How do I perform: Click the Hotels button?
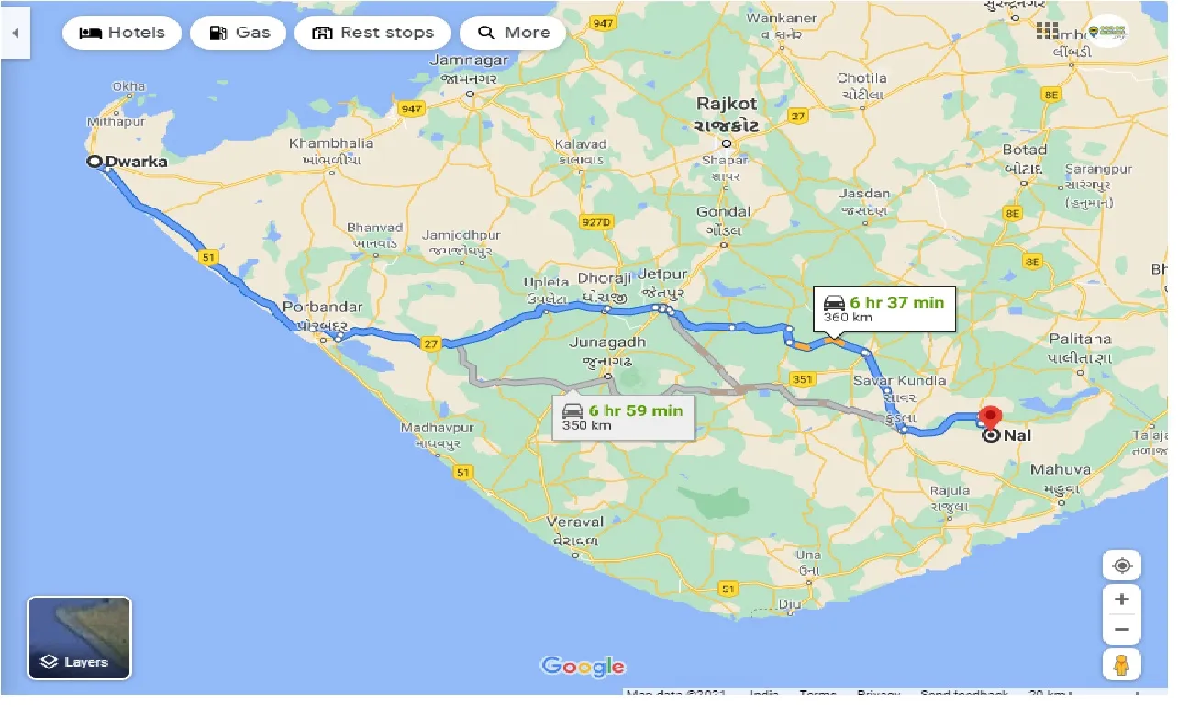click(x=122, y=33)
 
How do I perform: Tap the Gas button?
click(x=239, y=33)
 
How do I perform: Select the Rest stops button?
click(x=372, y=33)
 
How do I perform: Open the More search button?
click(x=513, y=33)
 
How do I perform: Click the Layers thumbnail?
click(x=80, y=637)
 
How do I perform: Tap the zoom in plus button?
click(x=1121, y=600)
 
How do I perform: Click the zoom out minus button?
click(x=1121, y=630)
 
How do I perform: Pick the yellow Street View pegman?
click(x=1121, y=665)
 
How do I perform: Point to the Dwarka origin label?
click(x=136, y=162)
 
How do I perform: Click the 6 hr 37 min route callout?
click(x=884, y=309)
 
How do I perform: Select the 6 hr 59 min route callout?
click(x=624, y=417)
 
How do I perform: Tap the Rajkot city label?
click(x=727, y=105)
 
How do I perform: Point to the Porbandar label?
click(x=322, y=307)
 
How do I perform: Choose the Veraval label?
click(x=574, y=521)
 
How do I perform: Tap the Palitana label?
click(x=1080, y=339)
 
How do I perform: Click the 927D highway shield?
click(x=595, y=222)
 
